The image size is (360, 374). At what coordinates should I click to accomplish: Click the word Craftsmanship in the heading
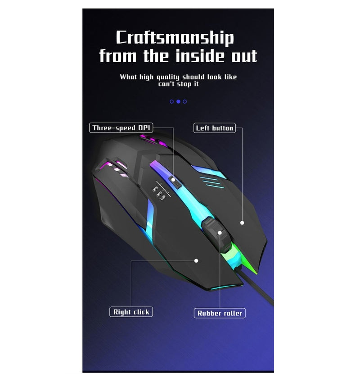pos(175,38)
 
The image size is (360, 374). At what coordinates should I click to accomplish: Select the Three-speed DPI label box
pos(121,128)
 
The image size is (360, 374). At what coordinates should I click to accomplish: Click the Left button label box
pos(215,128)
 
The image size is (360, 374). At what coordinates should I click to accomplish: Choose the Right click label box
pos(131,312)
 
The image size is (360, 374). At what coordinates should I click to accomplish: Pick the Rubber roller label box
pos(220,313)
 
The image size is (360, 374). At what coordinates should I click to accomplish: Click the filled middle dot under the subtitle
pos(178,101)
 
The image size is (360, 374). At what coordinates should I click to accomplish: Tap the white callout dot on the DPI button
pos(173,180)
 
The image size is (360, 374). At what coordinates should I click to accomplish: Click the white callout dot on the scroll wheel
pos(220,233)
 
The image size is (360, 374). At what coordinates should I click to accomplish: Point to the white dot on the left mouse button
pos(242,223)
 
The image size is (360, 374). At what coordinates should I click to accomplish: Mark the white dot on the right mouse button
pos(196,261)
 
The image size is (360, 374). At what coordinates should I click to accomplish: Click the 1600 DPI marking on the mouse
pos(155,189)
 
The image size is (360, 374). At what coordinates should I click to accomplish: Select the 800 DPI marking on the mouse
pos(163,198)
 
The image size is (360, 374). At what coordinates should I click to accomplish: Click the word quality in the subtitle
pos(168,77)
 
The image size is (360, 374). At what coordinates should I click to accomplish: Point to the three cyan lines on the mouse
pos(211,182)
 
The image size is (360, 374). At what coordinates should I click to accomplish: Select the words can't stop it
pos(178,84)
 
